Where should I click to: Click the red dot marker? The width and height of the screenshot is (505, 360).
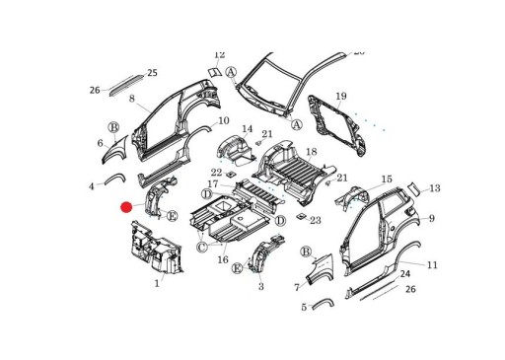point(126,207)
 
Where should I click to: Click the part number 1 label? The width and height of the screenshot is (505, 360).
point(156,284)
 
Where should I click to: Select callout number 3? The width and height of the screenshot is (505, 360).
point(260,287)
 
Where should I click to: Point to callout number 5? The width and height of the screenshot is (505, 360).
point(304,308)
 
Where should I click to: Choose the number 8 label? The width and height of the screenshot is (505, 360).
point(131,100)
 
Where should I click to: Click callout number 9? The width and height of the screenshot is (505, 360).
point(431,218)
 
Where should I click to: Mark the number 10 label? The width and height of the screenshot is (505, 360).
point(224,121)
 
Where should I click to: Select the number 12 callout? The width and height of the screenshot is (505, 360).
point(219,56)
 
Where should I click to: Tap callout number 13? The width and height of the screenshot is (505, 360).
point(434,188)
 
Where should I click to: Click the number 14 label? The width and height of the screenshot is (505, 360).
point(248,129)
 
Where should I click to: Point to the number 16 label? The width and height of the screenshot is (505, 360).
point(223,259)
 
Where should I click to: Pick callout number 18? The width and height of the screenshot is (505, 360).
point(312,152)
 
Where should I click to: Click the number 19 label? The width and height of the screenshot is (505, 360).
point(341,97)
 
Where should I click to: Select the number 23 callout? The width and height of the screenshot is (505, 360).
point(316,220)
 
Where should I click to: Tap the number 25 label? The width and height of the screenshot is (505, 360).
point(152,73)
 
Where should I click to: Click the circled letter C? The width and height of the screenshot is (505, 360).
point(201,247)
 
